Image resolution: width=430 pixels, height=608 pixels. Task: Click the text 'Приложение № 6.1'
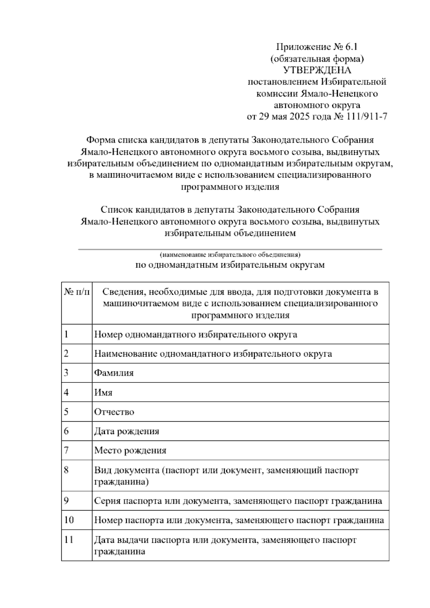tap(317, 47)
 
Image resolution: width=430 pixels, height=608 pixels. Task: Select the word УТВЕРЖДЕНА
tap(317, 70)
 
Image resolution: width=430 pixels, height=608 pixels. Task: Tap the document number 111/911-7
tap(367, 117)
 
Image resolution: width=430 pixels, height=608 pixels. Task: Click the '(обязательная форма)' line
tap(317, 58)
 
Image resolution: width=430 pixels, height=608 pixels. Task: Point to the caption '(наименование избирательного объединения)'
tap(230, 255)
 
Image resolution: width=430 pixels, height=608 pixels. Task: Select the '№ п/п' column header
tap(77, 292)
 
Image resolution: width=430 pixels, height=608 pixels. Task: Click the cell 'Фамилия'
tap(114, 373)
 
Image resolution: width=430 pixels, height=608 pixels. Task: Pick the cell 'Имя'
tap(103, 393)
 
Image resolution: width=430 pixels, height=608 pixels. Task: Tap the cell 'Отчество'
tap(114, 412)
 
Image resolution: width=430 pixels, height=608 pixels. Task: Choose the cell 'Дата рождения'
tap(126, 431)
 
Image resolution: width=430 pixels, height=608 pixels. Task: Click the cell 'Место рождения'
tap(130, 451)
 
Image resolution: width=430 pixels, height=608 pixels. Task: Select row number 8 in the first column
tap(66, 470)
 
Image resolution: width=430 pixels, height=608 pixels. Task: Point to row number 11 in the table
tap(68, 540)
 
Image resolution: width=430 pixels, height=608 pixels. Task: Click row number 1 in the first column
tap(66, 334)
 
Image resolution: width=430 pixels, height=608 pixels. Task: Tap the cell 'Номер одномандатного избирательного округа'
tap(196, 334)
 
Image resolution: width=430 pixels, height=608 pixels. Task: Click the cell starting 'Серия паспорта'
tap(238, 501)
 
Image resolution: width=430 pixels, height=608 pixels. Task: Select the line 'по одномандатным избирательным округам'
tap(230, 265)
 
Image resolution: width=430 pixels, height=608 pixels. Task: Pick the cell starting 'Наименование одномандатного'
tap(213, 354)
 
